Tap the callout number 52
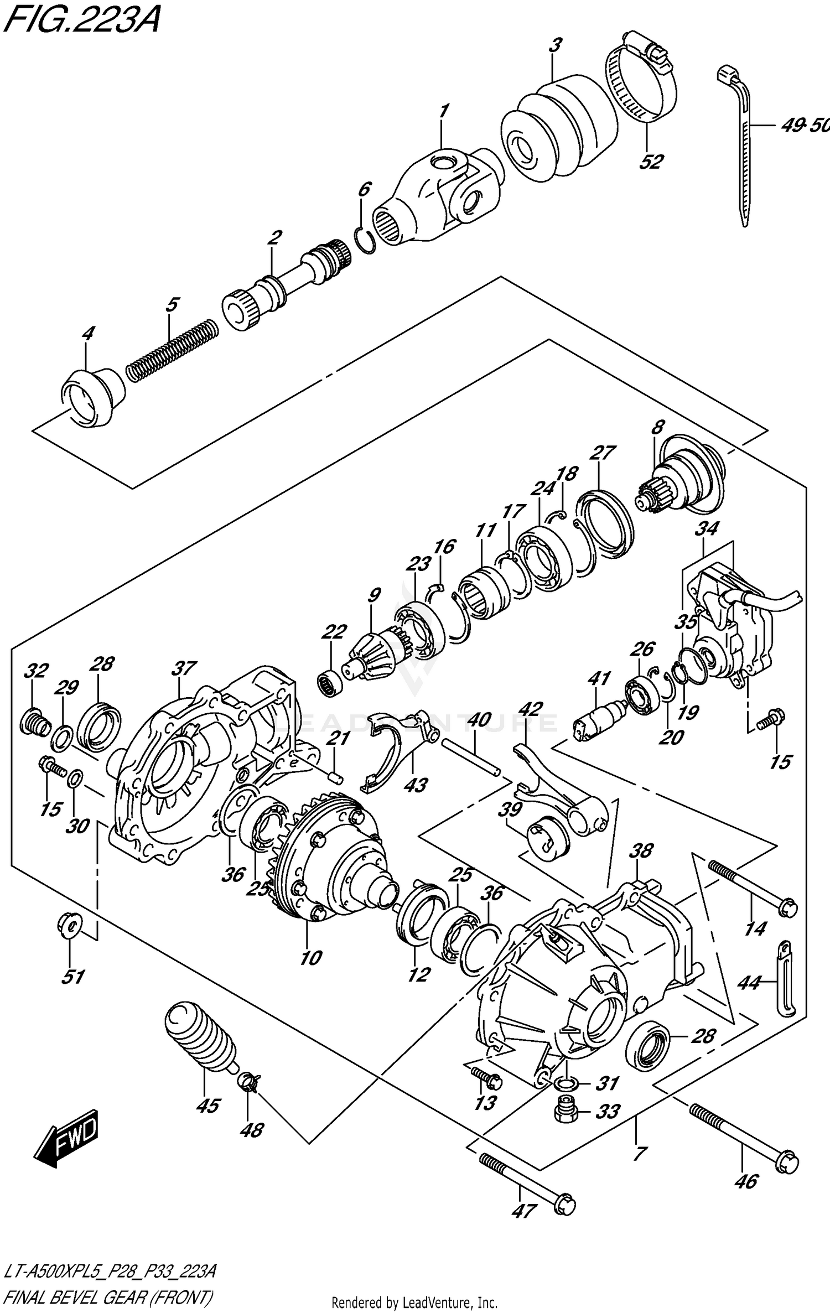pyautogui.click(x=651, y=162)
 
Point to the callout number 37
pyautogui.click(x=183, y=668)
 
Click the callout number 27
pyautogui.click(x=602, y=453)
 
